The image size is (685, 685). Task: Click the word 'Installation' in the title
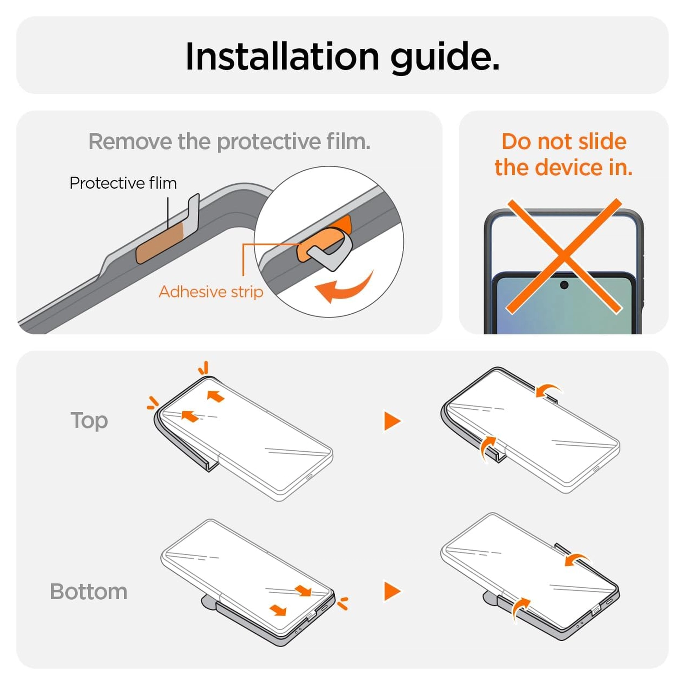(x=282, y=57)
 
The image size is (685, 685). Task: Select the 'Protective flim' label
(x=123, y=183)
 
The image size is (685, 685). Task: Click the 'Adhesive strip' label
(x=211, y=291)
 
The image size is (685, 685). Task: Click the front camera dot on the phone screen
(x=564, y=285)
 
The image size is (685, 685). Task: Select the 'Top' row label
(x=89, y=421)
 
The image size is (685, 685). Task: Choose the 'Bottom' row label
(x=89, y=592)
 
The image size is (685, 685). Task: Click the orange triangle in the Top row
(x=392, y=421)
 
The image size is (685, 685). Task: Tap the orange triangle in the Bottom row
(x=392, y=591)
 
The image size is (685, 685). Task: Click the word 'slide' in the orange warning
(x=602, y=141)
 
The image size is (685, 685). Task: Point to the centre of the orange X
(x=564, y=256)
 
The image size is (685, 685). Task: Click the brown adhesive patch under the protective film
(x=160, y=243)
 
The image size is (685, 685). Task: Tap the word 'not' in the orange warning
(x=555, y=142)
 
